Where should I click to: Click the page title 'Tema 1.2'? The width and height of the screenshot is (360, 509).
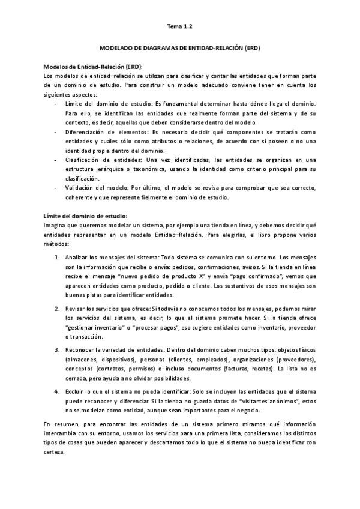(x=179, y=26)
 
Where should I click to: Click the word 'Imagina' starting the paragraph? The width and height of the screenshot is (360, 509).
(x=56, y=226)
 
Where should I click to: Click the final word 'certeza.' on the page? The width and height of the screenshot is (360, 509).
(x=55, y=453)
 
